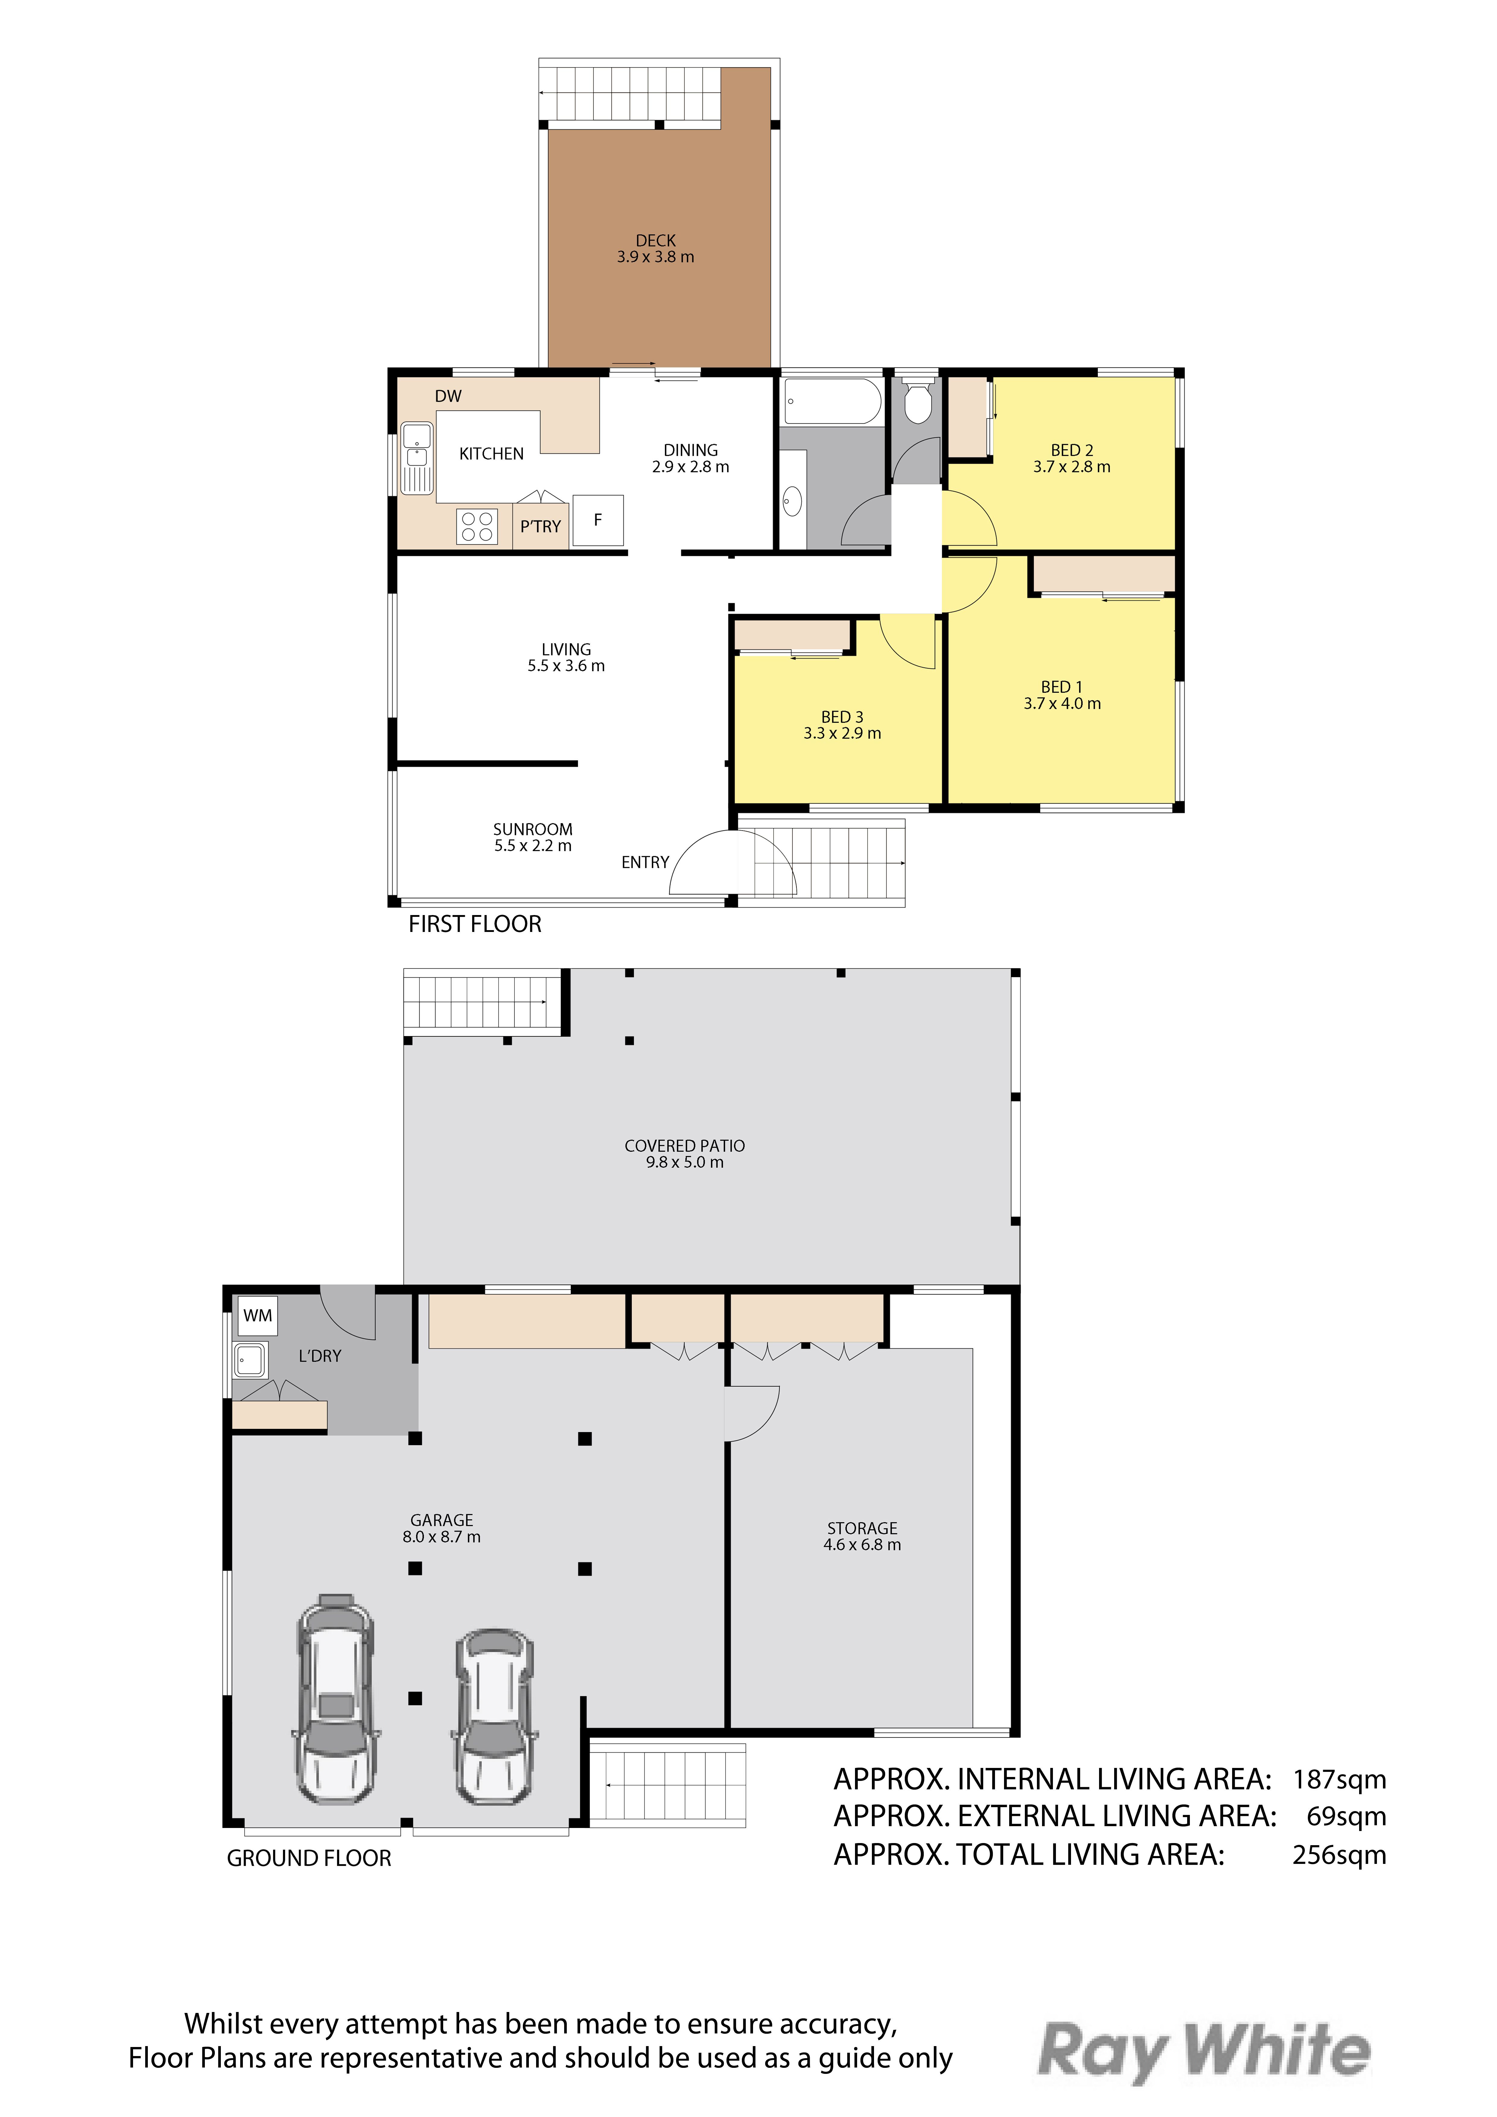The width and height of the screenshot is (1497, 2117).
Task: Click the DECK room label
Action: click(x=655, y=241)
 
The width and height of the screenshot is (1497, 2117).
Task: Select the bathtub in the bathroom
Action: click(x=832, y=401)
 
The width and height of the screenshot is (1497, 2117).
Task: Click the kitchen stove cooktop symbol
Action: click(x=477, y=526)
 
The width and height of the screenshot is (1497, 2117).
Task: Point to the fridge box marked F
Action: click(x=598, y=520)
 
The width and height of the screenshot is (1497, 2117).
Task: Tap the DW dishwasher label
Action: click(x=448, y=396)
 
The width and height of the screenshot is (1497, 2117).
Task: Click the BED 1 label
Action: click(x=1062, y=687)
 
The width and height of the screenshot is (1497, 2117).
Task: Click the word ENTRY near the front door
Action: click(x=645, y=862)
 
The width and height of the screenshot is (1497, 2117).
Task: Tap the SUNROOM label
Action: click(x=533, y=829)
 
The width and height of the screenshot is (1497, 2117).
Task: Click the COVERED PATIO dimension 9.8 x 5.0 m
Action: click(x=685, y=1163)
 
